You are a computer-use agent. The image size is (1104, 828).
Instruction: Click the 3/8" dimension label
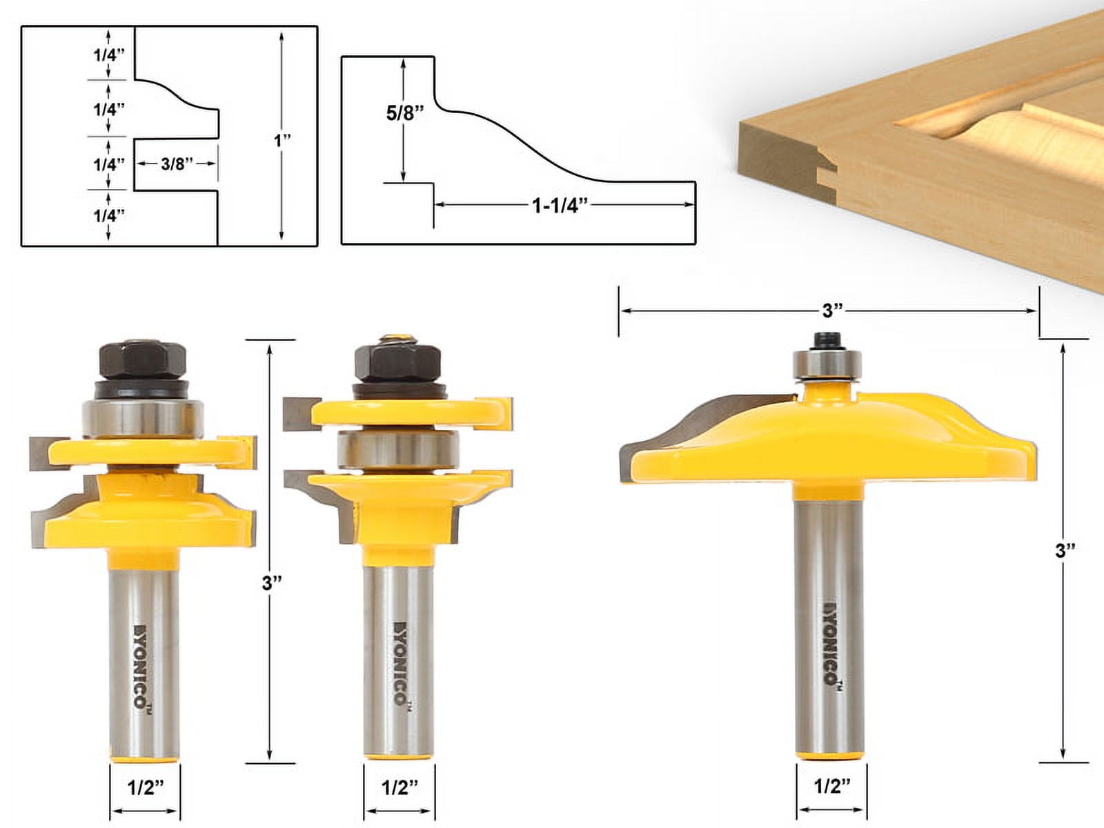(176, 164)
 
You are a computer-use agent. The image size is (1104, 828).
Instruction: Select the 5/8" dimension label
(404, 112)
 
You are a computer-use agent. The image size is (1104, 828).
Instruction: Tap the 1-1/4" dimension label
(560, 205)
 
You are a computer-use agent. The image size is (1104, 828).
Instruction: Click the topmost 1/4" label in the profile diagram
(109, 55)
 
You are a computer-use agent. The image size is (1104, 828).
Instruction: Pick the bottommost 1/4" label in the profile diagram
(109, 215)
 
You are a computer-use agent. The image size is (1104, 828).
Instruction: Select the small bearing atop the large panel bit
(827, 364)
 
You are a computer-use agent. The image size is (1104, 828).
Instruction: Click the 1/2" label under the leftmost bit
(145, 788)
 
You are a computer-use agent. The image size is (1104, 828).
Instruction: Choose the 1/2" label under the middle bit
(400, 788)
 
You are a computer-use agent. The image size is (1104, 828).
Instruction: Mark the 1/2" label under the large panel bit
(831, 786)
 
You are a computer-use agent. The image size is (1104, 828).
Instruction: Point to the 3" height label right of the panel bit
(1066, 550)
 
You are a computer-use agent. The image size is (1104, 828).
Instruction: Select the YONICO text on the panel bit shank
(831, 642)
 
